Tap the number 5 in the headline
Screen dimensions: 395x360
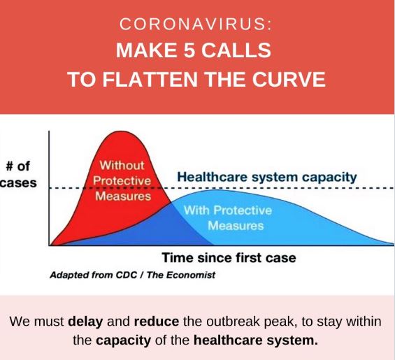(188, 50)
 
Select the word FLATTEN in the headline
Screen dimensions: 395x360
(150, 80)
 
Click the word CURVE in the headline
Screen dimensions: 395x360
(289, 80)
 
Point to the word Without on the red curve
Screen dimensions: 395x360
(122, 166)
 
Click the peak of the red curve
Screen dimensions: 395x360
(122, 131)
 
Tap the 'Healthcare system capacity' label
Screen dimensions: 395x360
(267, 177)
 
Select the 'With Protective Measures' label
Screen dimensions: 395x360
(228, 218)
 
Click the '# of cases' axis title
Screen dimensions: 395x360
(18, 174)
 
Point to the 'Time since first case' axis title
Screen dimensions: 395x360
(229, 258)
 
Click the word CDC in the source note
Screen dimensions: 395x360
(127, 275)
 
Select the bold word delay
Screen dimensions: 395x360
(85, 322)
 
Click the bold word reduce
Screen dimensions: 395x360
(157, 322)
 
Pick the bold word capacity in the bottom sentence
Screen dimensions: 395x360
(124, 340)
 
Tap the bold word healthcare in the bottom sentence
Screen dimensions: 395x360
(228, 340)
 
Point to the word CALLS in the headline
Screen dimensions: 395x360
(236, 50)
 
